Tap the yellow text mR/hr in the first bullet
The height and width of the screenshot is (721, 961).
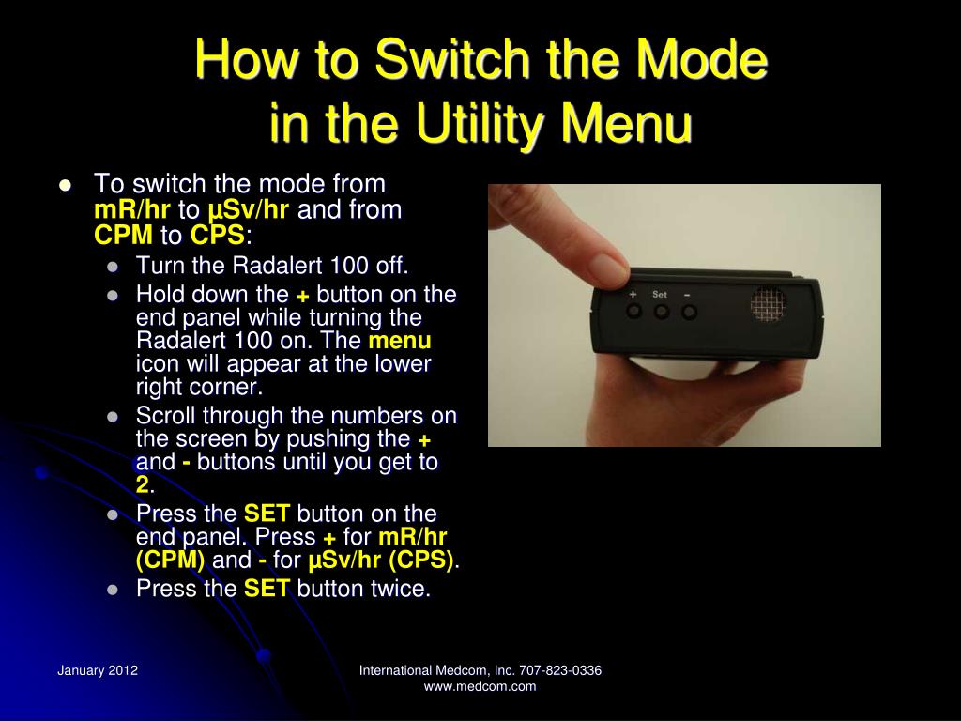[x=131, y=209]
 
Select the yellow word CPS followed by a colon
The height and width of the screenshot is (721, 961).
[x=217, y=236]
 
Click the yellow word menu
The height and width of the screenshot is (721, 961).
[x=400, y=340]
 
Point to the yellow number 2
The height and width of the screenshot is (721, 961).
[x=143, y=485]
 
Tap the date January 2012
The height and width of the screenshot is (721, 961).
[x=98, y=670]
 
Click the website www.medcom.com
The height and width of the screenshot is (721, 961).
[x=480, y=686]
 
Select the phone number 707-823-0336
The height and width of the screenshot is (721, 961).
[x=560, y=670]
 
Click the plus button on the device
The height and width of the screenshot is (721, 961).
[x=633, y=311]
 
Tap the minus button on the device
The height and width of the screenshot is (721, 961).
[x=689, y=312]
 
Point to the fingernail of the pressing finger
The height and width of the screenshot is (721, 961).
[x=607, y=267]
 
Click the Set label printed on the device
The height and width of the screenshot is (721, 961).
[x=660, y=294]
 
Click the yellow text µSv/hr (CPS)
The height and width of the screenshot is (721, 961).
[x=381, y=560]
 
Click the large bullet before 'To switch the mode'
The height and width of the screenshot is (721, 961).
[x=66, y=185]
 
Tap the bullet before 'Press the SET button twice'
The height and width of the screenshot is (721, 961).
[x=113, y=590]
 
